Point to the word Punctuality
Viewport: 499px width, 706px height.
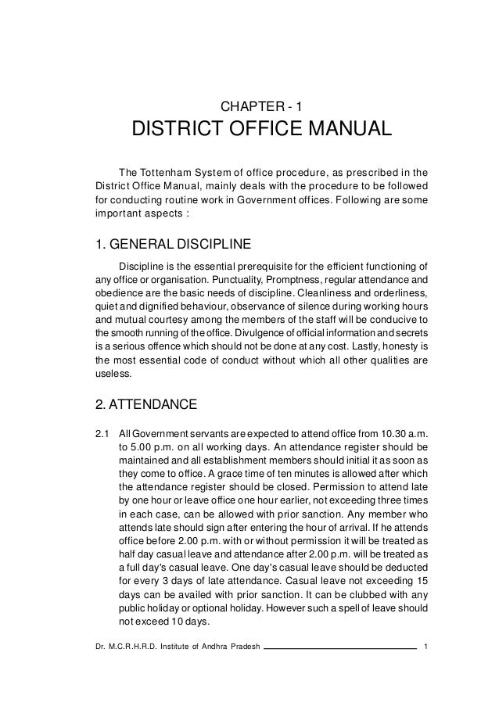pyautogui.click(x=223, y=279)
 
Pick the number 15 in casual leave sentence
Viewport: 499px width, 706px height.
pyautogui.click(x=421, y=581)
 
